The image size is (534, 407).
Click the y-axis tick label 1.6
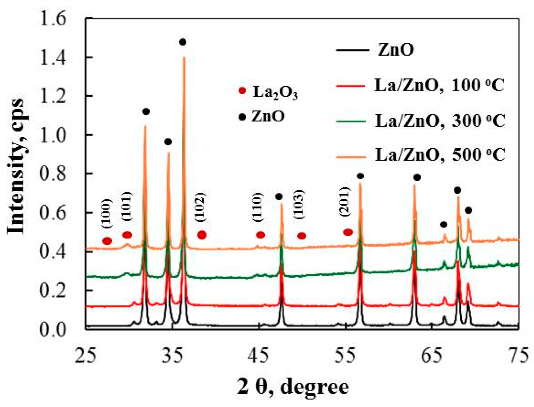(53, 19)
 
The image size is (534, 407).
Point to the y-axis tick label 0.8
(53, 174)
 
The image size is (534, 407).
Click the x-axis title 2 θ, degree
(293, 387)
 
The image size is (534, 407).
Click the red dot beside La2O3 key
(242, 91)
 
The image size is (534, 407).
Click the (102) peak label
(200, 207)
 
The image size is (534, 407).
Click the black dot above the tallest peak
(183, 42)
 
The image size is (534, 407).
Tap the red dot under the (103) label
(302, 236)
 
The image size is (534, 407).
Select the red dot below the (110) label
(260, 235)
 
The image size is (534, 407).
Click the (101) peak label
(127, 206)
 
